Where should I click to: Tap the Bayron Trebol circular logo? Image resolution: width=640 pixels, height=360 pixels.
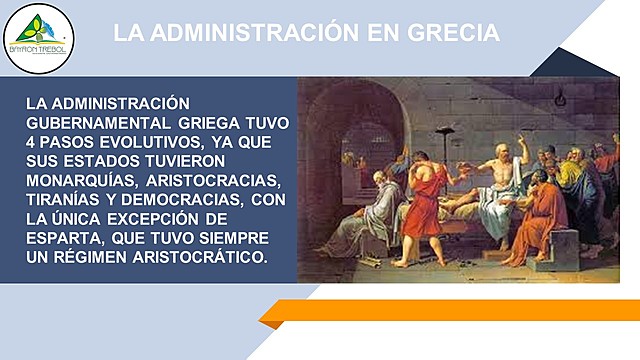[x=39, y=37]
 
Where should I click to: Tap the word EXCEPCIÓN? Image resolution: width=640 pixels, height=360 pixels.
[x=199, y=218]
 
